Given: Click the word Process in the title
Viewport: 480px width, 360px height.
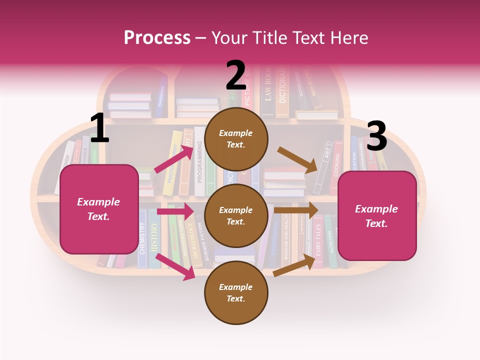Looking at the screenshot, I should [x=157, y=38].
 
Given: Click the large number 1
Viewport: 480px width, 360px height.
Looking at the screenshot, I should [x=99, y=128].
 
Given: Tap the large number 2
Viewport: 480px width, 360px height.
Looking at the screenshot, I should [x=236, y=75].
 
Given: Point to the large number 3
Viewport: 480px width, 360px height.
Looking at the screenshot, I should [x=376, y=136].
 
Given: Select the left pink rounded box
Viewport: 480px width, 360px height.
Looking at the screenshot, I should [x=99, y=209].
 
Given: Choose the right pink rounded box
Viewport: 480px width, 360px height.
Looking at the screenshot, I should [x=377, y=215].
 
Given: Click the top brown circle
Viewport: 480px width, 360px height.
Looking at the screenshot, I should [x=236, y=139].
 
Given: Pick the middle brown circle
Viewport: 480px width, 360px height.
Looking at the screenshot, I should [x=236, y=215].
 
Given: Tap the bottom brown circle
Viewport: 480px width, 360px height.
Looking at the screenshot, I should [x=236, y=292].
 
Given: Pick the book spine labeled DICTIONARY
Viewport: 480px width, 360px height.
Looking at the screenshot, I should [x=282, y=90].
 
